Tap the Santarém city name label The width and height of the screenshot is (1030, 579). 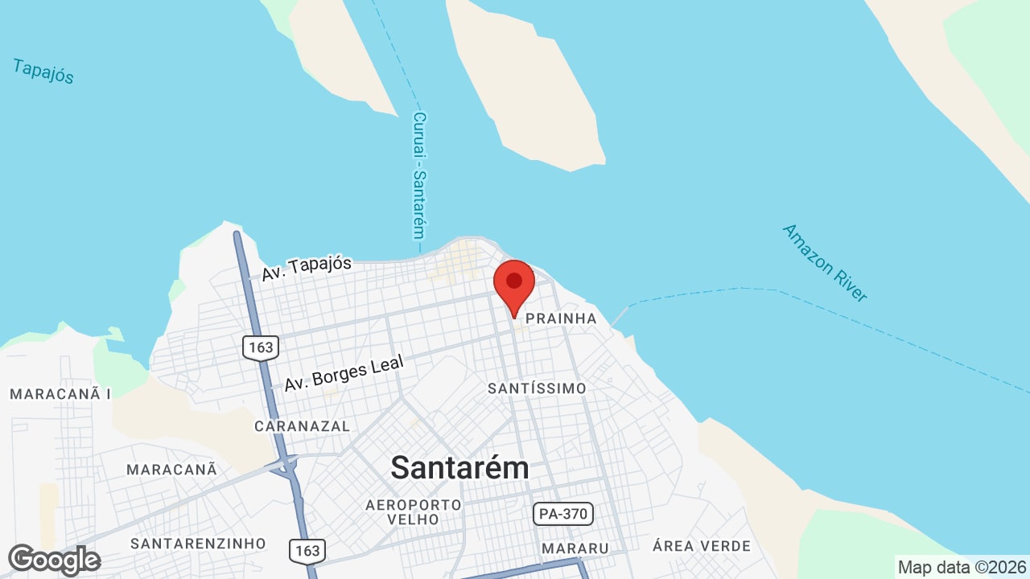pos(459,467)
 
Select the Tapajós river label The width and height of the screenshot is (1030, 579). pos(43,71)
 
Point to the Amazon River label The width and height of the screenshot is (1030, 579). pos(825,263)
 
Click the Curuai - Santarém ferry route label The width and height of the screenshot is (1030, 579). pos(418,175)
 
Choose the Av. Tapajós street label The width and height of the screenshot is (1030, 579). pos(307,268)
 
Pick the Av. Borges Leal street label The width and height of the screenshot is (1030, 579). pos(344,376)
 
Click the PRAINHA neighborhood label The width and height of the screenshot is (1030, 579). pos(561,318)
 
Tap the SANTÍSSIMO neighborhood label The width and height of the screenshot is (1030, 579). pos(537,388)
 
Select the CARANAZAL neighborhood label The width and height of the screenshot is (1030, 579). pos(302,426)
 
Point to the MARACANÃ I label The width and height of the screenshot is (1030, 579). pos(60,394)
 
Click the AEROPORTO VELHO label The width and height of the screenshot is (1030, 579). pos(414,511)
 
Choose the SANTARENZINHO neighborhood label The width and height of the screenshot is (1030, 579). pos(198,544)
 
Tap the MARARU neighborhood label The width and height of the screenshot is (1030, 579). pos(575,548)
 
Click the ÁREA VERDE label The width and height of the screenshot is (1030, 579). pos(702,546)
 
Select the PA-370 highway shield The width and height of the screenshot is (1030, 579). pos(562,513)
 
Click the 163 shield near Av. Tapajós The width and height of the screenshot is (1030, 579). pos(260,347)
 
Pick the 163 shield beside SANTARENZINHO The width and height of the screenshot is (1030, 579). pos(307,551)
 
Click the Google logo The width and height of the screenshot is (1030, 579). pos(54,560)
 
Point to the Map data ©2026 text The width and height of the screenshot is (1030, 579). pos(962,567)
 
